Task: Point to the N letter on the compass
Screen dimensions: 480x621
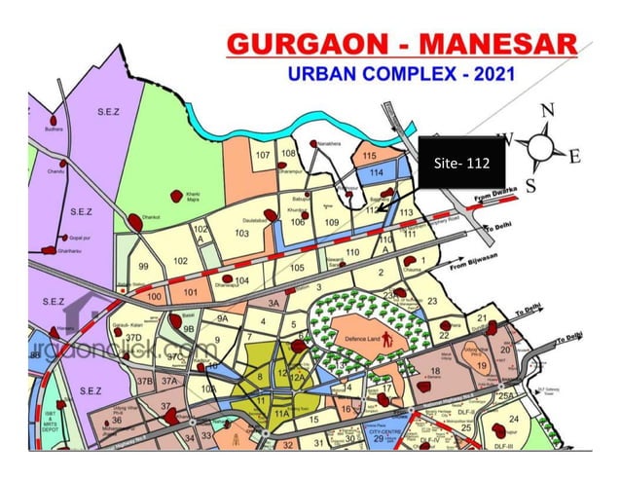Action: pyautogui.click(x=546, y=111)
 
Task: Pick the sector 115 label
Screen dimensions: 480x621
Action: pyautogui.click(x=369, y=156)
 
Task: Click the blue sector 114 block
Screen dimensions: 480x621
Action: pyautogui.click(x=377, y=172)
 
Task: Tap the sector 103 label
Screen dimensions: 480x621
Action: pyautogui.click(x=242, y=234)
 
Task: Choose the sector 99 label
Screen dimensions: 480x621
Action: pyautogui.click(x=144, y=266)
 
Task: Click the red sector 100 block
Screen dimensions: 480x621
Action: pyautogui.click(x=153, y=295)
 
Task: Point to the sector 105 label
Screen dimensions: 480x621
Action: pyautogui.click(x=298, y=268)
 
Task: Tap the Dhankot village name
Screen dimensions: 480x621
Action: pyautogui.click(x=151, y=205)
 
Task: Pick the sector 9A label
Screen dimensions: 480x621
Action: pyautogui.click(x=223, y=318)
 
